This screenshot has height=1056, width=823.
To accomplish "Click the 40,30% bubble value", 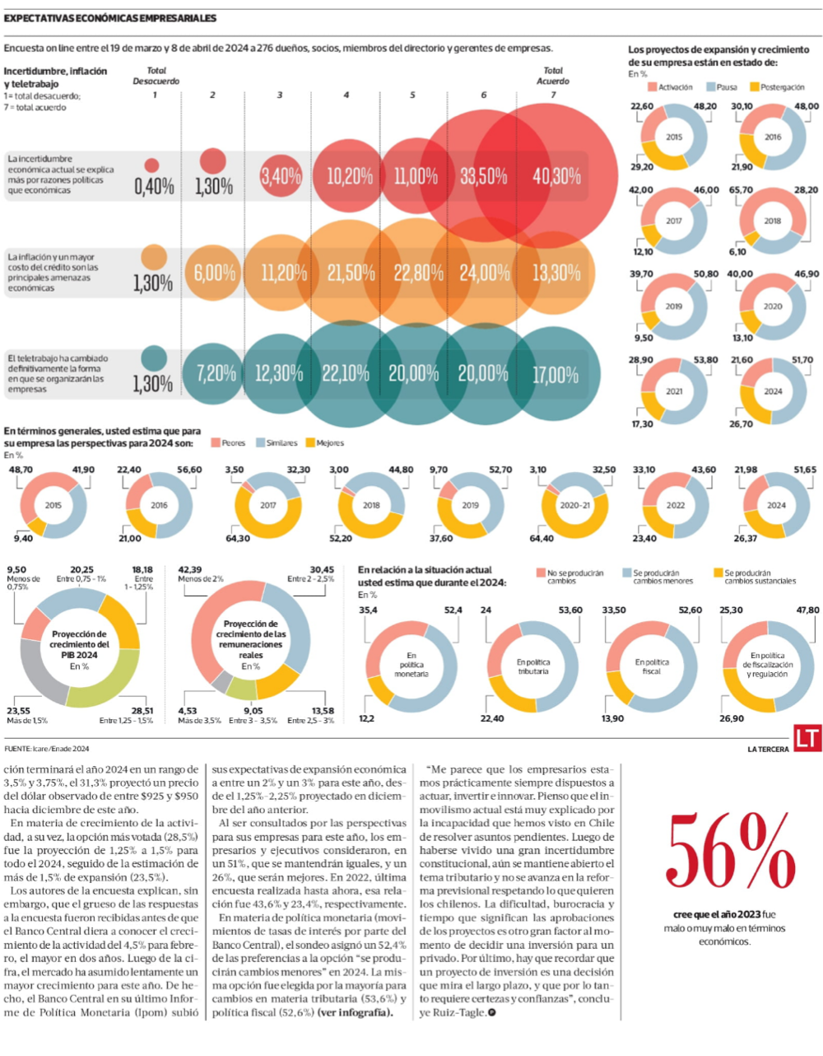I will pyautogui.click(x=556, y=176).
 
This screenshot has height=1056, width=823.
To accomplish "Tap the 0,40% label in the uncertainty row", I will pyautogui.click(x=154, y=186).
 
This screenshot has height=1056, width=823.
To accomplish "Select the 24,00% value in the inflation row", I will pyautogui.click(x=484, y=273).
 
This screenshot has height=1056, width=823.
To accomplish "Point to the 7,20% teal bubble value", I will pyautogui.click(x=216, y=373).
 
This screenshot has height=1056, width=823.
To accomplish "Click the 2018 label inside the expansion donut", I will pyautogui.click(x=772, y=221).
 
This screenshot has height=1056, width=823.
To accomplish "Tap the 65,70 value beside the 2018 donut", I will pyautogui.click(x=741, y=190).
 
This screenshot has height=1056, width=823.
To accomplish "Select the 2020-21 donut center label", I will pyautogui.click(x=574, y=505).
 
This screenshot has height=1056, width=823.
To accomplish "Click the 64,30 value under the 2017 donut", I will pyautogui.click(x=237, y=539).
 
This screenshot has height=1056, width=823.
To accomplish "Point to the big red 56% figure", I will pyautogui.click(x=728, y=853).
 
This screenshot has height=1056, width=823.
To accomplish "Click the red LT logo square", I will pyautogui.click(x=807, y=738).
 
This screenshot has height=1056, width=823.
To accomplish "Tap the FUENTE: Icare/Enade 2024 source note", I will pyautogui.click(x=47, y=749).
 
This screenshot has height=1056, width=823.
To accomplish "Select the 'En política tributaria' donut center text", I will pyautogui.click(x=533, y=666).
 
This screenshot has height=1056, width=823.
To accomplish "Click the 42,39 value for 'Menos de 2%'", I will pyautogui.click(x=189, y=569).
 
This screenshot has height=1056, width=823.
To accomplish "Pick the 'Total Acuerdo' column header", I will pyautogui.click(x=553, y=76).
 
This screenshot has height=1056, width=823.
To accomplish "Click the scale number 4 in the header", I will pyautogui.click(x=346, y=96).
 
